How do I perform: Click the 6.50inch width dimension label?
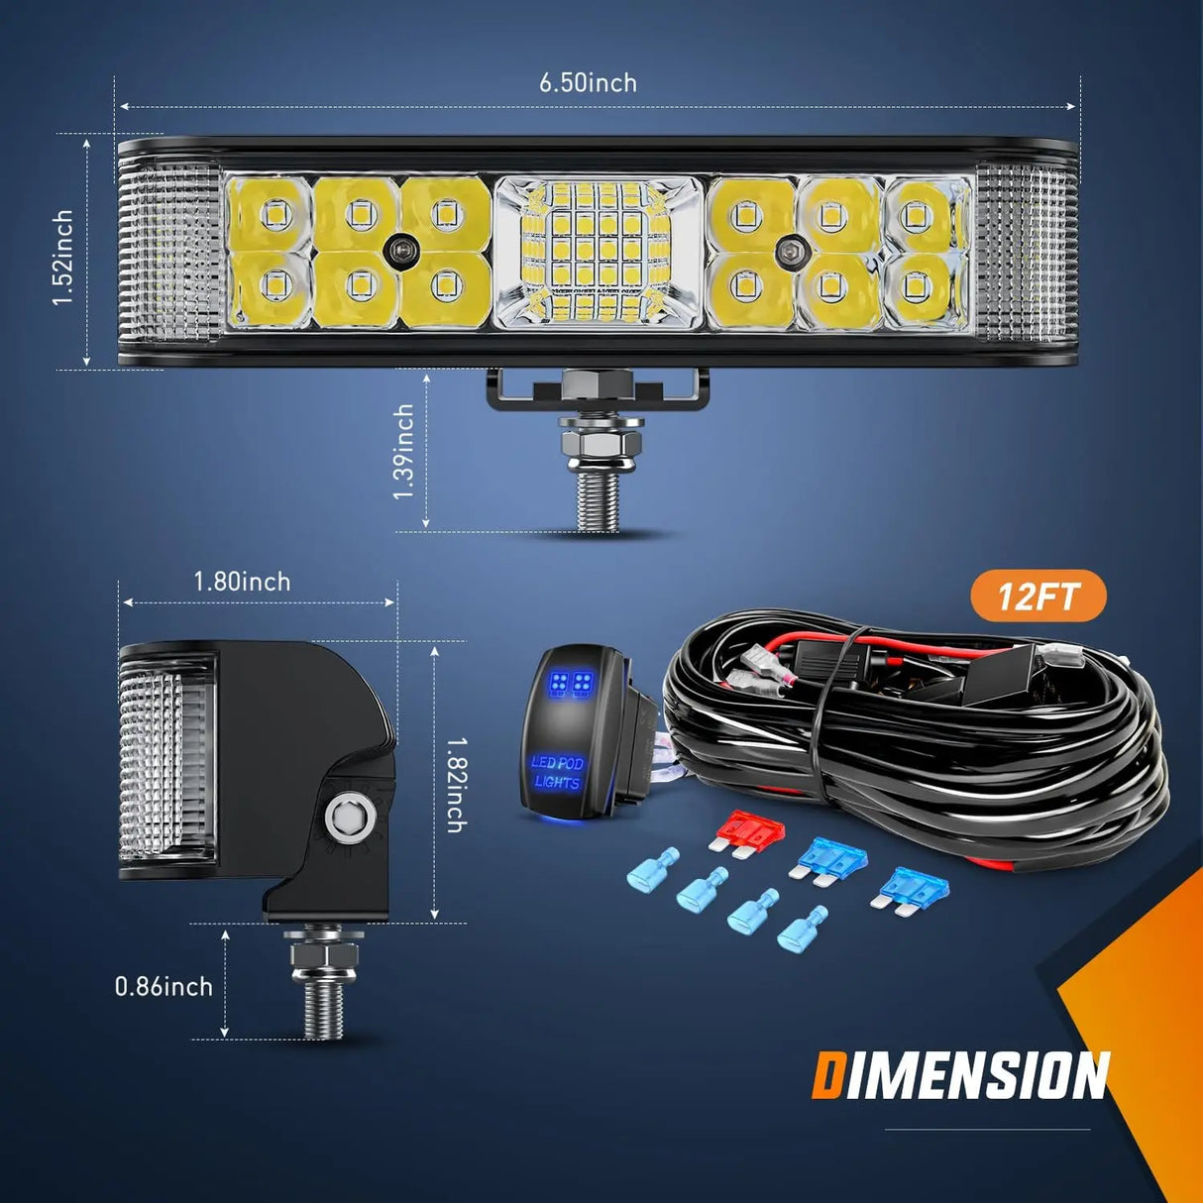[x=588, y=82]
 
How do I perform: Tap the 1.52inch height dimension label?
[x=63, y=257]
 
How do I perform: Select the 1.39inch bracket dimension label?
[x=403, y=451]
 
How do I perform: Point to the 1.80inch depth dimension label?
[x=242, y=582]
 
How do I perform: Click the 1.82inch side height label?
[x=456, y=784]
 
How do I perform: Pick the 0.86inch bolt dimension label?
[x=164, y=986]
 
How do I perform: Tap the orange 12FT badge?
[x=1038, y=597]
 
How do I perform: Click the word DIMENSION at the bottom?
[x=959, y=1076]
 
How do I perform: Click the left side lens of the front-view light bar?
[x=168, y=253]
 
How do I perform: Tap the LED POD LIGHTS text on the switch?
[x=558, y=773]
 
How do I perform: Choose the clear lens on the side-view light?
[x=166, y=758]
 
